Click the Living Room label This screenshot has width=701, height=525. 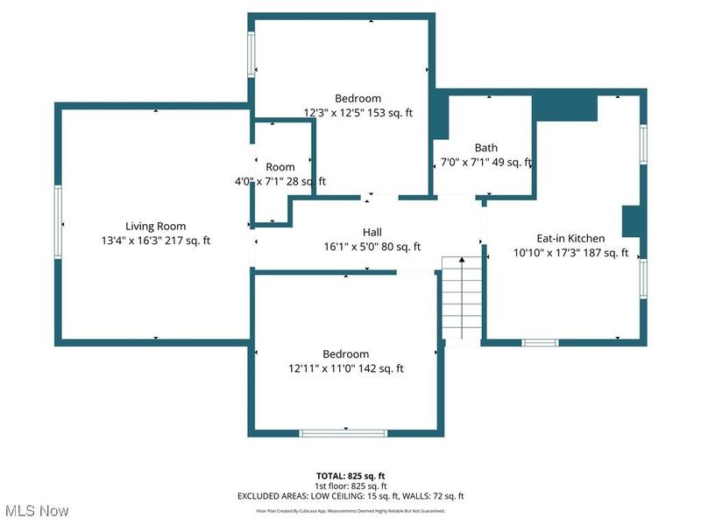155,226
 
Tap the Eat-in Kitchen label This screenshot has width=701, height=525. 570,238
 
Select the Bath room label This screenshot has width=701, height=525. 485,148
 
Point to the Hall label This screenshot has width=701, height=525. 372,232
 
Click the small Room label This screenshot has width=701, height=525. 280,167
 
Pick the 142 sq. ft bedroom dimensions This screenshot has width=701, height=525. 345,368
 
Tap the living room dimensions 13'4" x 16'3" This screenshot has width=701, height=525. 155,241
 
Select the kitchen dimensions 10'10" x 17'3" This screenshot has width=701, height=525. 570,253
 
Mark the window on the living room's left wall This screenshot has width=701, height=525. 60,224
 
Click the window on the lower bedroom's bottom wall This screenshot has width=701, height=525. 343,431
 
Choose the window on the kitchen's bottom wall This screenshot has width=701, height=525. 540,342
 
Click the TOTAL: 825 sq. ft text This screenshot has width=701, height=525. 350,476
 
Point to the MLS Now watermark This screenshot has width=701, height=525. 36,510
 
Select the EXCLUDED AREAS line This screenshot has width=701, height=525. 350,496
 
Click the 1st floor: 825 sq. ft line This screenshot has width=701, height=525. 350,486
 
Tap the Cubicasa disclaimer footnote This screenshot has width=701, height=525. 350,510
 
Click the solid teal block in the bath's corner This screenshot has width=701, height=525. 441,117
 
